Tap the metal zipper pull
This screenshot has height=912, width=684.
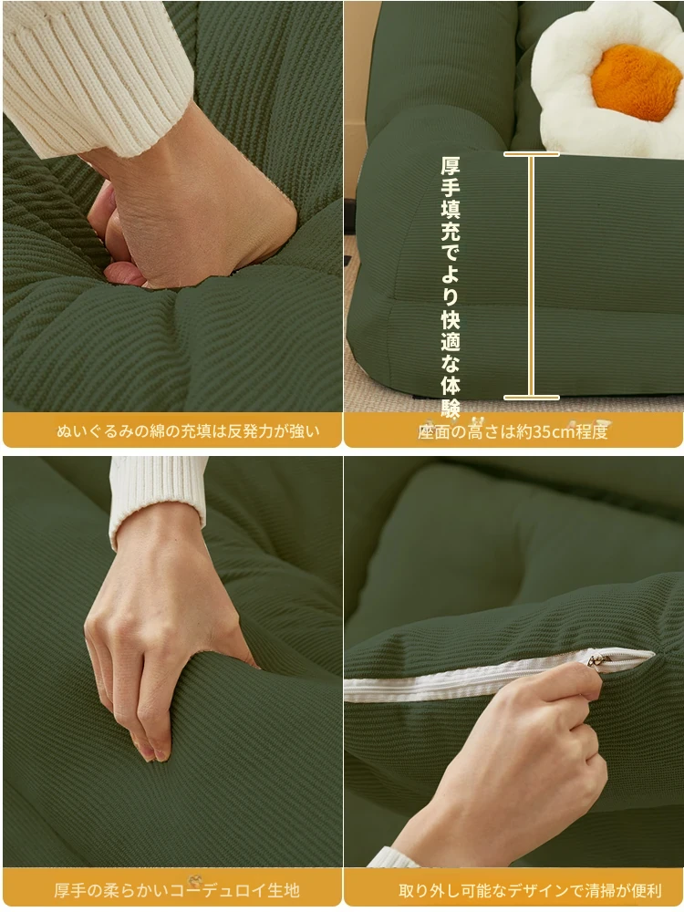coord(599,660)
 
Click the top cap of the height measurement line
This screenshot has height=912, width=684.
coord(531,154)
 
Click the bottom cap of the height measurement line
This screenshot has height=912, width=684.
coord(531,398)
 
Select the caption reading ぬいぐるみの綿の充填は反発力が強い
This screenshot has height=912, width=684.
coord(188,431)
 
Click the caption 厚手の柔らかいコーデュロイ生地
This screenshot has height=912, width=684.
coord(177,890)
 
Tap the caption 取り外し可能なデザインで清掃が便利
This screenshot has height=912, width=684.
coord(530,890)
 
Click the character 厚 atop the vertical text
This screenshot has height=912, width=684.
coord(451,166)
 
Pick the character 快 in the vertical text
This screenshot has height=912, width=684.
coord(451,319)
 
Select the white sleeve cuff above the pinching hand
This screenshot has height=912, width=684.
coord(156,500)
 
